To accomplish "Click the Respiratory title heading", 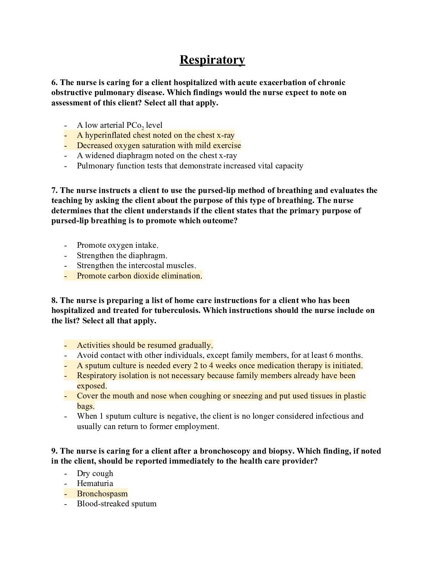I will point(212,60).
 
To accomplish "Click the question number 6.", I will point(54,83).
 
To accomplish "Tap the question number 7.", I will point(54,190).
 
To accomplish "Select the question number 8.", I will point(54,301).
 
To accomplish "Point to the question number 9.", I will point(54,451).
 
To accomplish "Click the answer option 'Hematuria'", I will point(95,484).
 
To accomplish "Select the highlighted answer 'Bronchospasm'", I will point(102,494).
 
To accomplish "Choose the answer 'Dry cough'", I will point(95,474).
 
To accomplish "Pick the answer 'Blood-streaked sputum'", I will point(116,504).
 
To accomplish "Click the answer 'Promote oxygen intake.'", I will point(118,245).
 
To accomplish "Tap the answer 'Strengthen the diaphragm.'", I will point(122,256).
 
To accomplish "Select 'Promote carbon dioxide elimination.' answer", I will point(139,276).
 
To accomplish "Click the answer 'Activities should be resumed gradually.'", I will point(145,345).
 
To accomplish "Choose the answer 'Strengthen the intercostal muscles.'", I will point(136,266).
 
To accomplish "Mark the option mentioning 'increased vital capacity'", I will point(190,166).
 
